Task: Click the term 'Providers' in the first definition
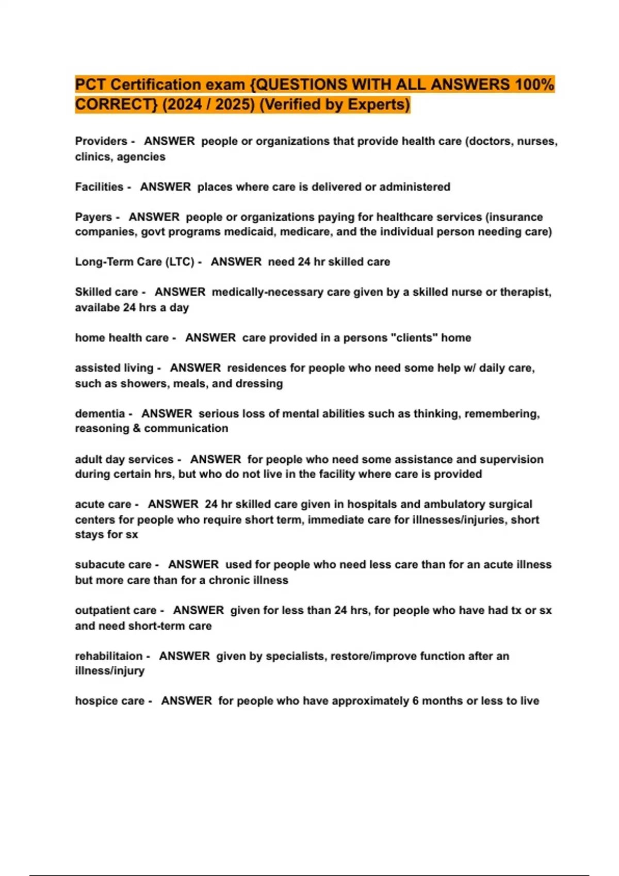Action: [101, 141]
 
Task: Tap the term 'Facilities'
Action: [99, 187]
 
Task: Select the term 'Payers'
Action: [93, 217]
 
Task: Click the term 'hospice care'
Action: [109, 701]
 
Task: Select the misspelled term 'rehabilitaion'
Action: [108, 656]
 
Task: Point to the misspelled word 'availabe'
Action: [97, 308]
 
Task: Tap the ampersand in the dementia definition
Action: [137, 429]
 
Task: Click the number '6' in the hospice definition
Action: [415, 701]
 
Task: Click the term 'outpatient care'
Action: [116, 611]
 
